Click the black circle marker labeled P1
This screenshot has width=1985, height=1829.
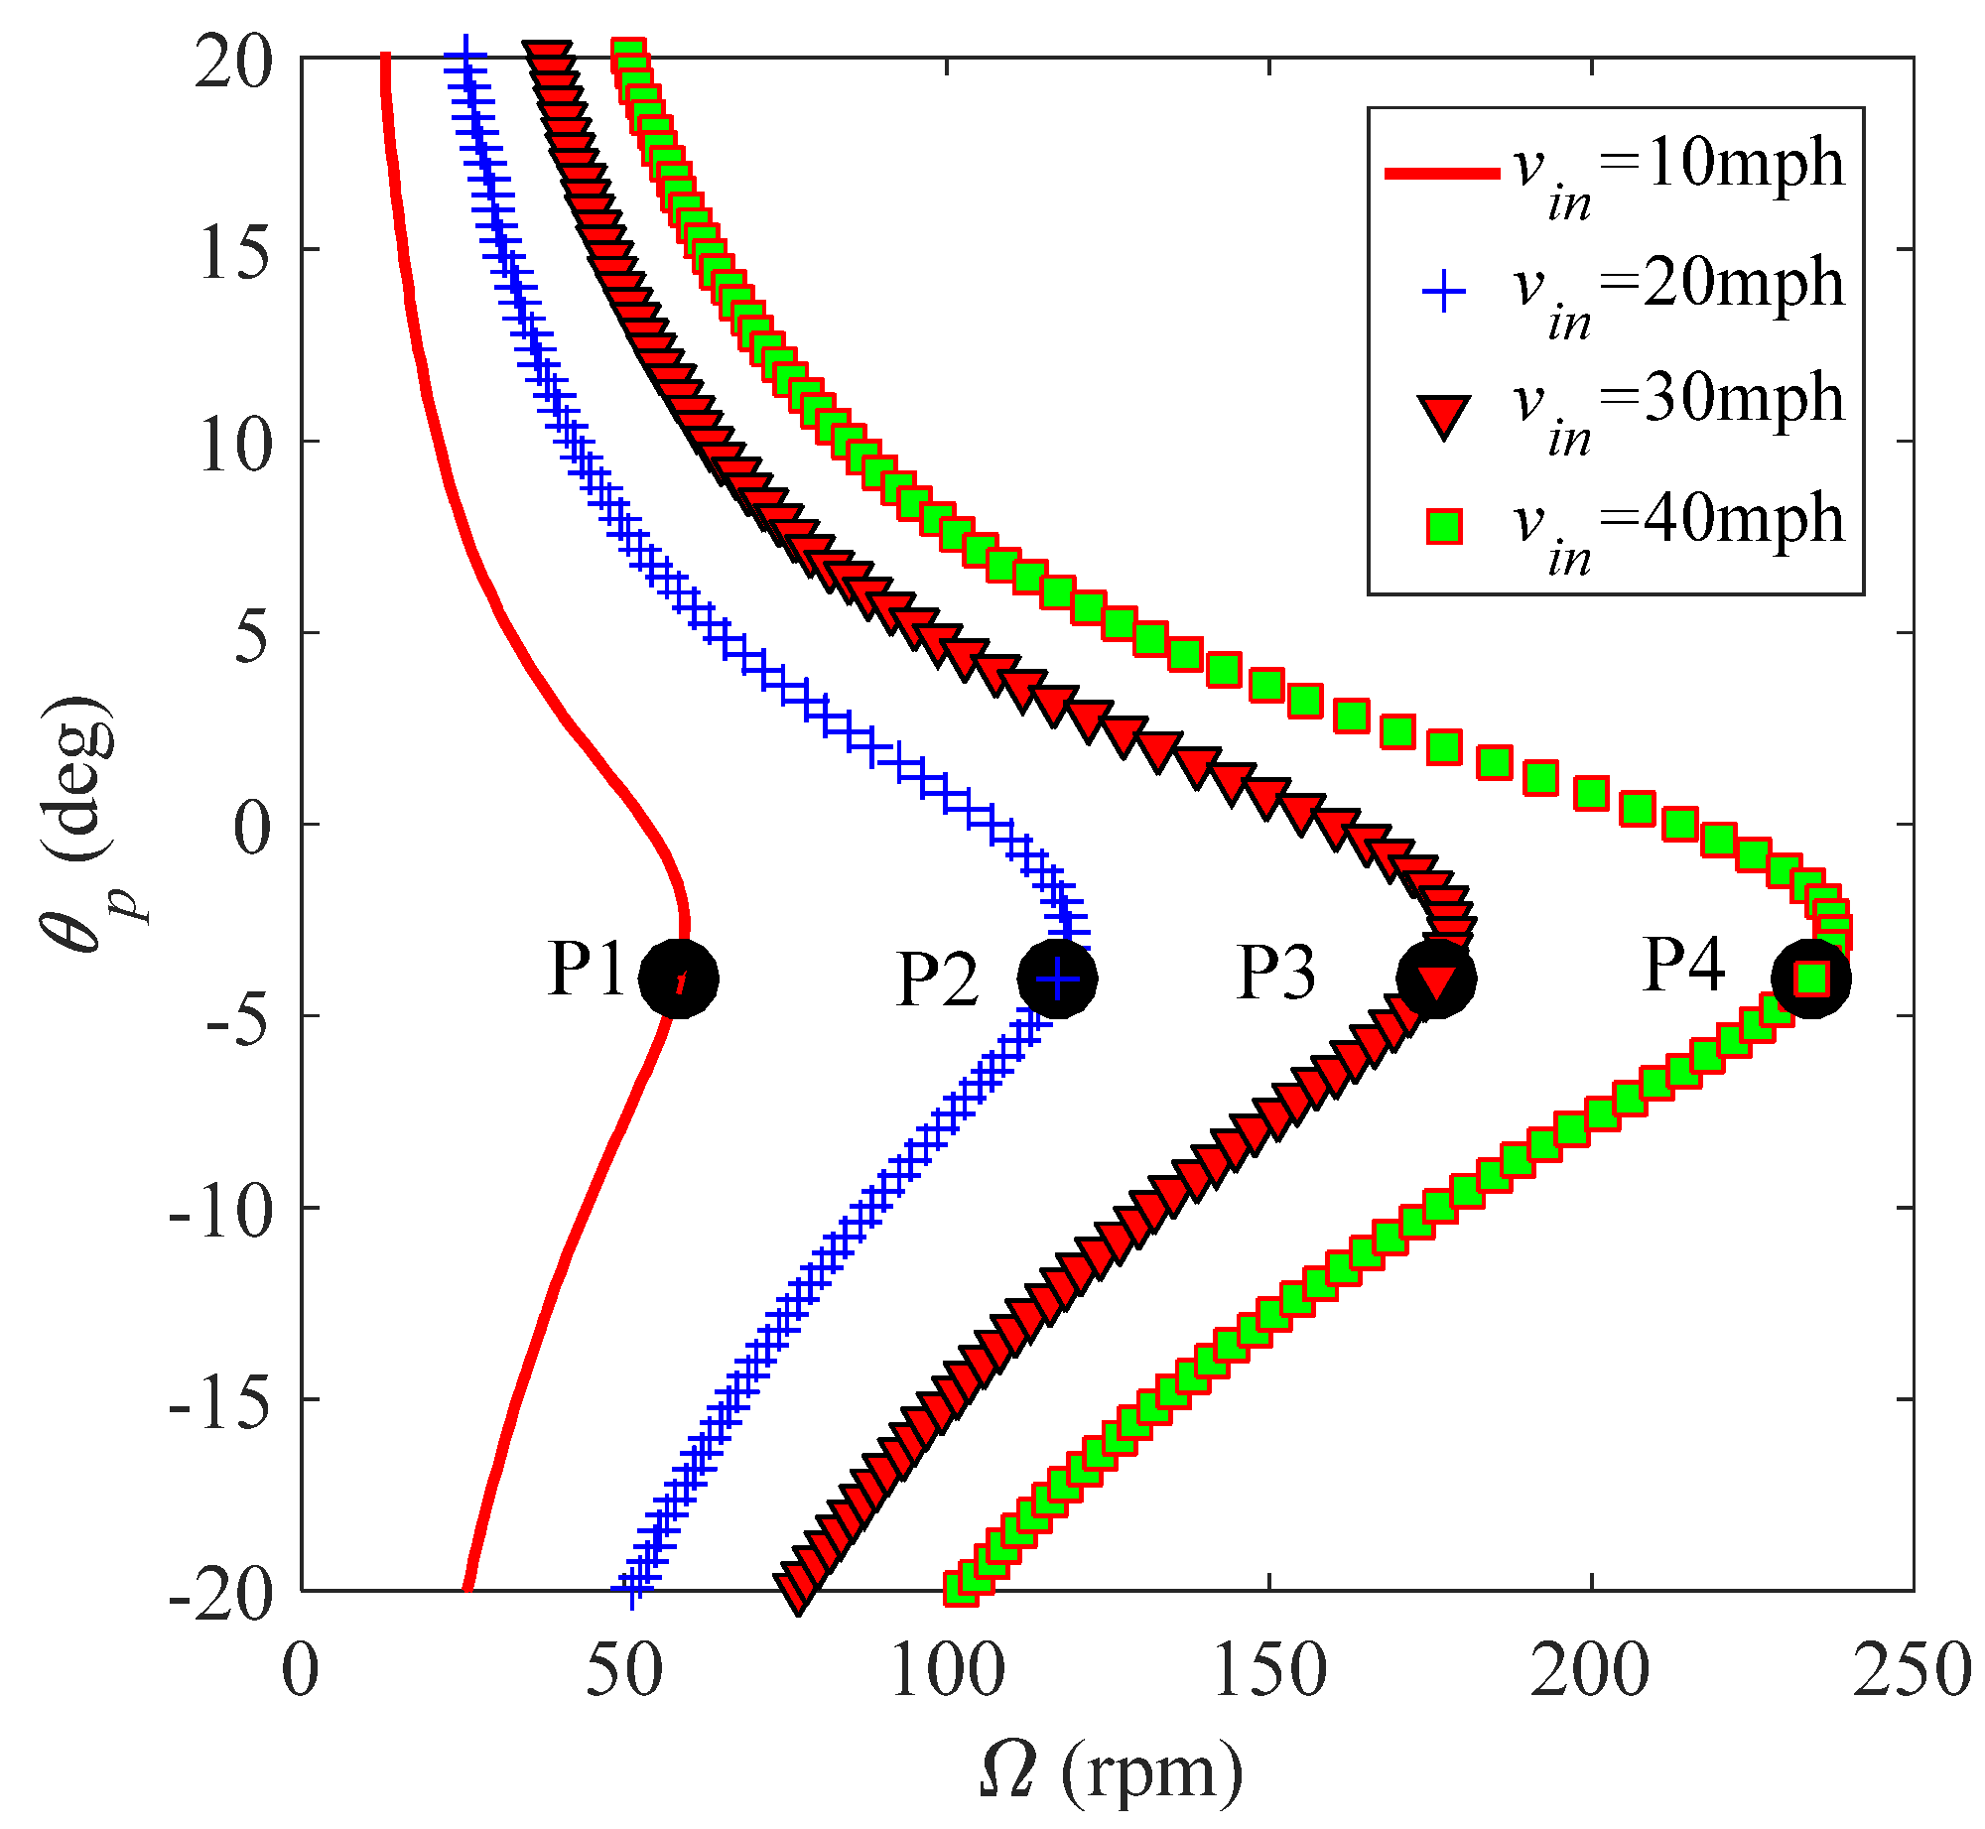click(x=679, y=979)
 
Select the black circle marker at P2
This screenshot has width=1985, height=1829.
click(x=1057, y=979)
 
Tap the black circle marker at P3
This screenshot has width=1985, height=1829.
click(x=1436, y=979)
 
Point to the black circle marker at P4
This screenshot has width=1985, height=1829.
click(x=1811, y=979)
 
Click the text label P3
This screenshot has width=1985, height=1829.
click(x=1276, y=973)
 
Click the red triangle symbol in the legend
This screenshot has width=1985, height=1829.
click(x=1444, y=415)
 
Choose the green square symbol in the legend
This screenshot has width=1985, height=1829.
click(x=1444, y=527)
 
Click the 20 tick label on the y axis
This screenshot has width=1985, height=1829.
click(x=234, y=65)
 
